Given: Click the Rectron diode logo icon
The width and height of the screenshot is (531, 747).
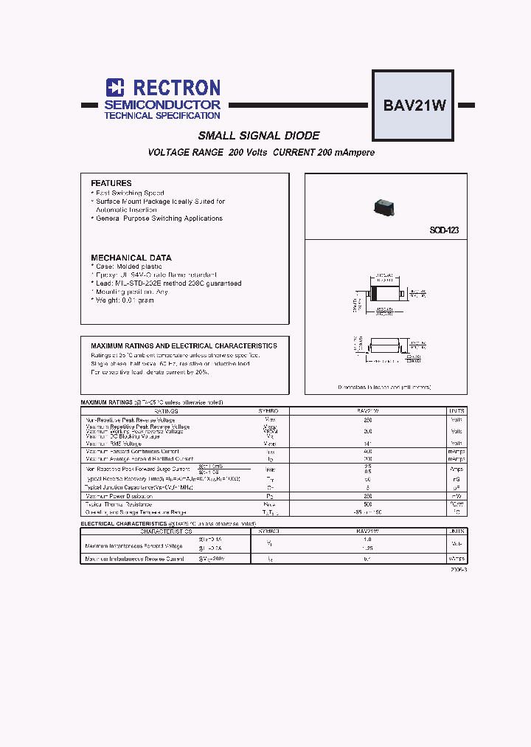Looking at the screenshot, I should click(x=115, y=88).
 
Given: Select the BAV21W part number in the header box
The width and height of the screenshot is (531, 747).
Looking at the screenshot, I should click(x=414, y=104).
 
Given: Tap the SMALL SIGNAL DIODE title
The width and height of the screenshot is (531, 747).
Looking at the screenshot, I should click(x=259, y=136).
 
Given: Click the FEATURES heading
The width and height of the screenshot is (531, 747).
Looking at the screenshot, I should click(x=111, y=183).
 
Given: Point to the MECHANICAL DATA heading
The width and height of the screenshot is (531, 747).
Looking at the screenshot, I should click(x=131, y=258).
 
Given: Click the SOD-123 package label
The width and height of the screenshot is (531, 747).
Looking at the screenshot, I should click(x=444, y=230).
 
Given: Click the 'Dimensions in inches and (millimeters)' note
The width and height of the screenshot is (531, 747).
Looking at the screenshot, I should click(x=384, y=387).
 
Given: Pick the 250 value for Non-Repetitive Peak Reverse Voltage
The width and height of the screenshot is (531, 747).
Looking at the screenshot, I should click(x=368, y=419).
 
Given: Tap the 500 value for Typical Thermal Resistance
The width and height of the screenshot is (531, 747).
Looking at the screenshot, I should click(x=368, y=504).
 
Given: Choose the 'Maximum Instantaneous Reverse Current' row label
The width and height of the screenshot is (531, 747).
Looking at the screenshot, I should click(x=134, y=559).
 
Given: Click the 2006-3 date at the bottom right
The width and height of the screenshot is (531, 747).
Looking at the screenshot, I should click(x=458, y=571).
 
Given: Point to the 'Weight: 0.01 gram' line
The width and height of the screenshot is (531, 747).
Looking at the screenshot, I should click(x=124, y=300).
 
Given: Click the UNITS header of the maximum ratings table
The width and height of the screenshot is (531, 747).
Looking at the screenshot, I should click(x=457, y=410).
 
